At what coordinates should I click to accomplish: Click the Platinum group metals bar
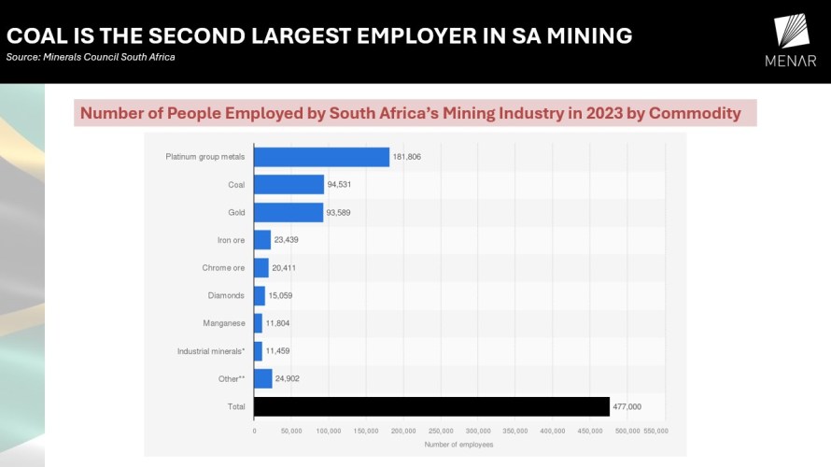[x=321, y=157]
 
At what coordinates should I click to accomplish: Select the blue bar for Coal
[x=289, y=185]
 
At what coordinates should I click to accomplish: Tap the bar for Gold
[x=289, y=213]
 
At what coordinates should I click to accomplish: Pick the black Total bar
[x=431, y=406]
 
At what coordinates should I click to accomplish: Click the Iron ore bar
[x=262, y=240]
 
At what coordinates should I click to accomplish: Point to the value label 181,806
[x=407, y=157]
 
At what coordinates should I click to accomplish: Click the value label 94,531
[x=339, y=185]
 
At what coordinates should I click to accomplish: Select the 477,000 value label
[x=627, y=406]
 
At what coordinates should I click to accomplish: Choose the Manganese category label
[x=223, y=323]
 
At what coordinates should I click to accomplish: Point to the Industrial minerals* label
[x=211, y=351]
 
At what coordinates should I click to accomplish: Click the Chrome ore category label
[x=223, y=268]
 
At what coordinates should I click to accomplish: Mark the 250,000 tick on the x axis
[x=441, y=431]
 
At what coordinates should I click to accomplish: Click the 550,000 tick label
[x=656, y=431]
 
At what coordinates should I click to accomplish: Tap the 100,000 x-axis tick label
[x=329, y=431]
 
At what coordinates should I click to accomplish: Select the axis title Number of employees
[x=458, y=445]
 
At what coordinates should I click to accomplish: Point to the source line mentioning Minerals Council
[x=91, y=57]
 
